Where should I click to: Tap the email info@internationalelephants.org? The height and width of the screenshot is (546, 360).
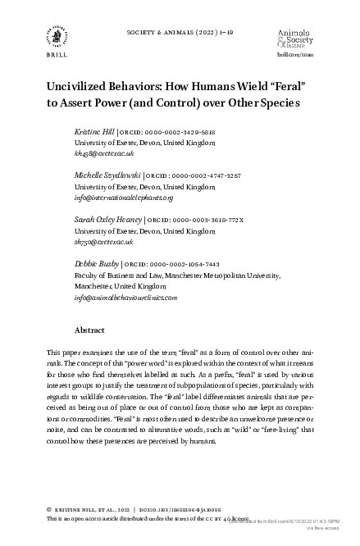pyautogui.click(x=124, y=197)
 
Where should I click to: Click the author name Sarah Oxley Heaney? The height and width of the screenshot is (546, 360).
pyautogui.click(x=108, y=220)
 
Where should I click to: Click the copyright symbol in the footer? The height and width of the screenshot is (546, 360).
pyautogui.click(x=50, y=509)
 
